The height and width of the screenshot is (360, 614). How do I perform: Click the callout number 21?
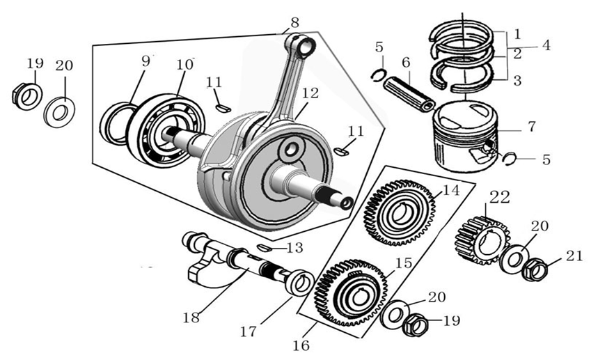pos(574,256)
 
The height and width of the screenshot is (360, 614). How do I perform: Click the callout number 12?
pos(310,93)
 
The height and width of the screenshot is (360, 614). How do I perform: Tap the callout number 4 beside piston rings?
pos(546,46)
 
